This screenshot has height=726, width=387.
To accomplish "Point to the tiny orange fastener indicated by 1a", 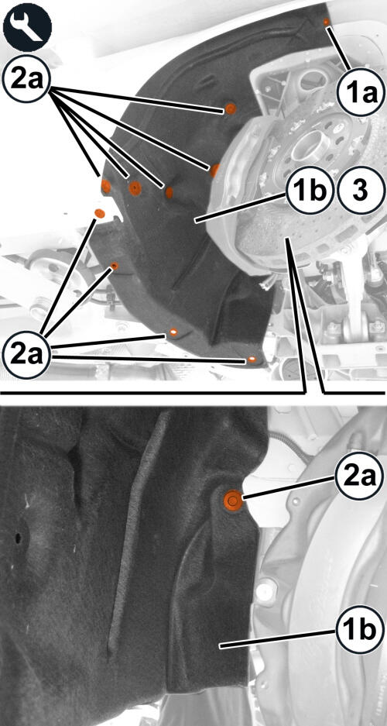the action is coord(326,22).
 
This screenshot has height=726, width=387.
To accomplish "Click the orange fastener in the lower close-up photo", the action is coord(232,501).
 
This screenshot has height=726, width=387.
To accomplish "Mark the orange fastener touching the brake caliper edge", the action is coord(215,170).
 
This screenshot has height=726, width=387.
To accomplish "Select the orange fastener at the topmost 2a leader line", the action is coord(230,108).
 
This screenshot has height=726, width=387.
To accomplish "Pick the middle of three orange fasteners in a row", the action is coord(135,188).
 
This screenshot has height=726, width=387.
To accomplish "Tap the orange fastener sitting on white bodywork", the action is coord(99,213).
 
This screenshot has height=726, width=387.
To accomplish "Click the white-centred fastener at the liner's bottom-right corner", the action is coord(252,360).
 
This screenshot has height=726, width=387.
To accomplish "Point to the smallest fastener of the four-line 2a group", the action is coord(115,266).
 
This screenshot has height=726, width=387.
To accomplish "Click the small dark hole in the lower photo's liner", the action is coord(18,538).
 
